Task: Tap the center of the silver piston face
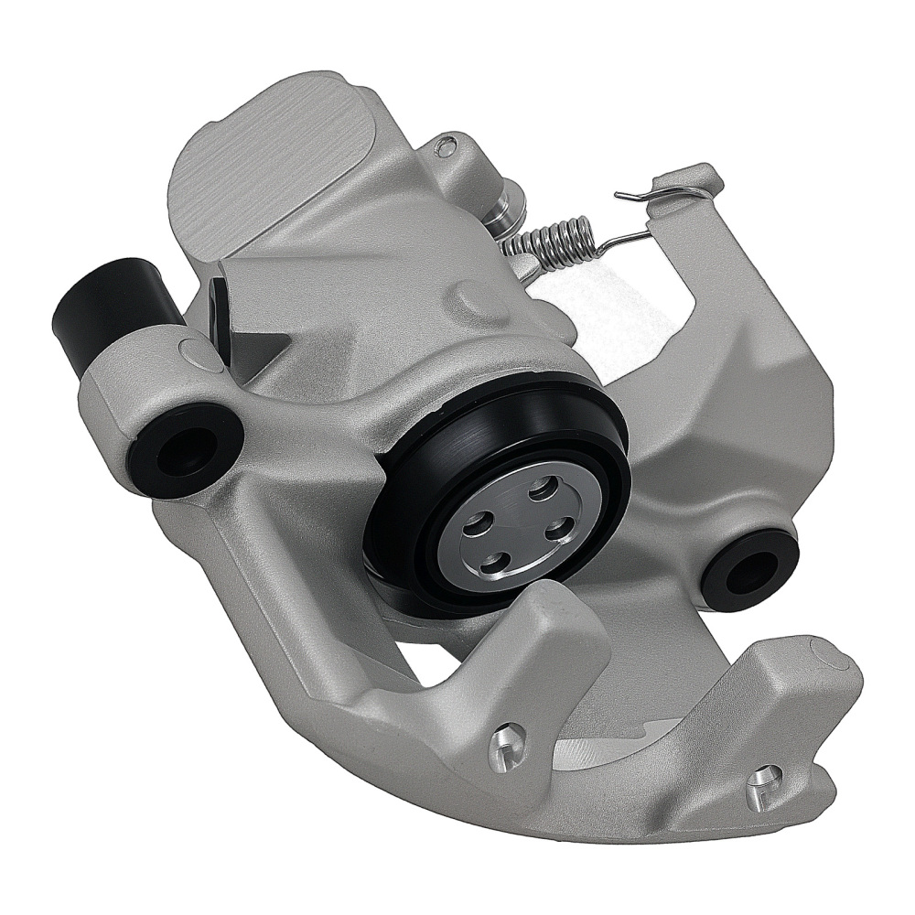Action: click(x=520, y=527)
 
